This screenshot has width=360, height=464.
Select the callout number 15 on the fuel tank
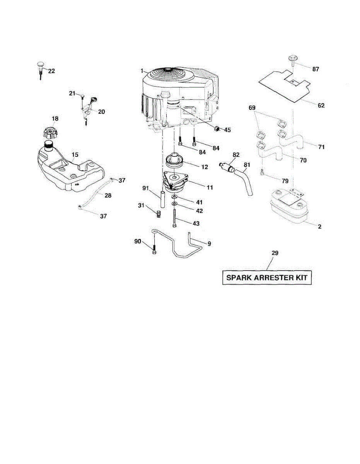(x=75, y=155)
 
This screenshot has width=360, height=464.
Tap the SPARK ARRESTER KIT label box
(x=267, y=278)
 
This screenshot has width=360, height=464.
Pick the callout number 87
(x=316, y=69)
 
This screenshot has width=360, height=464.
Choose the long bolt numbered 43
(x=175, y=218)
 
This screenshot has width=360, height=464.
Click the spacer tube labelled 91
(x=162, y=199)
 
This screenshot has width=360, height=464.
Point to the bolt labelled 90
(x=154, y=250)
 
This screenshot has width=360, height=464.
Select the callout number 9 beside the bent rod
(x=209, y=244)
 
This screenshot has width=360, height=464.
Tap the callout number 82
(x=236, y=155)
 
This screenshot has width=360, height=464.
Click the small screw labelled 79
(x=263, y=172)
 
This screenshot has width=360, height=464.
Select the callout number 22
(x=51, y=71)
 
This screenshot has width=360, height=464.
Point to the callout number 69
(x=252, y=107)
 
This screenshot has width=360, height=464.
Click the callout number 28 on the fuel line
(x=108, y=195)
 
